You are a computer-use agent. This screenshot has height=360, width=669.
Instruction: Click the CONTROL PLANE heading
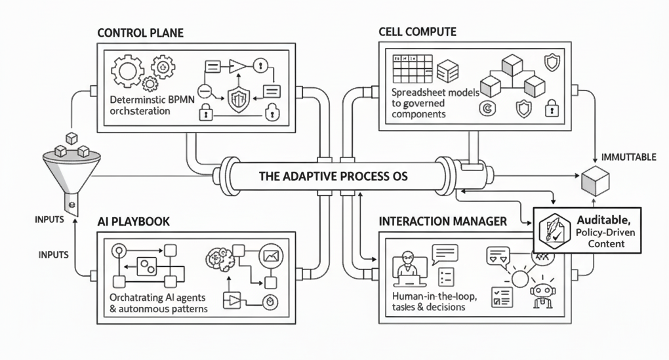pos(140,32)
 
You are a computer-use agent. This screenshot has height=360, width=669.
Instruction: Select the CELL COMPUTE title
pos(417,31)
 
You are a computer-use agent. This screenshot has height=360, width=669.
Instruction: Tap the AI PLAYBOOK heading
pos(133,222)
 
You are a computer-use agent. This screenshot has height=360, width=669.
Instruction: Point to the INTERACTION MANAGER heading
pos(443,221)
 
